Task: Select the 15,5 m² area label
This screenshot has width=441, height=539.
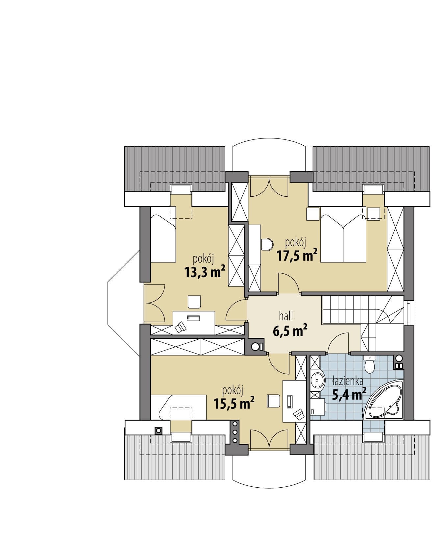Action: click(234, 403)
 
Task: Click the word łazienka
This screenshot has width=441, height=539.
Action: click(348, 381)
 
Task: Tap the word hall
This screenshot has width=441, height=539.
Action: click(286, 316)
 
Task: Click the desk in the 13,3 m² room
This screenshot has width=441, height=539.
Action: click(194, 323)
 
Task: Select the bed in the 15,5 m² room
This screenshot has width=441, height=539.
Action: click(179, 407)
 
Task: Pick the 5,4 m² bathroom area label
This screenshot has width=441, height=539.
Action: click(349, 394)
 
